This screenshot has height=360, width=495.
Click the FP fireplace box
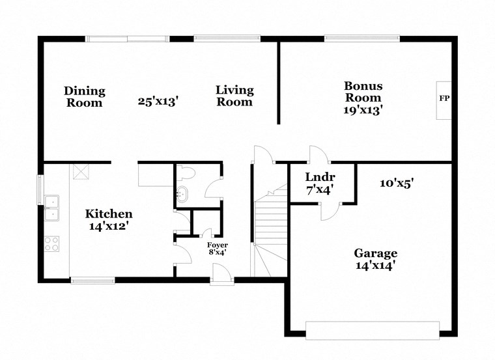point(444,100)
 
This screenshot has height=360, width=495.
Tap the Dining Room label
point(84,96)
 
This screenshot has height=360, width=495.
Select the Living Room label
point(234,96)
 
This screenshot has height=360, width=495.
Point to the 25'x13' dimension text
point(158,102)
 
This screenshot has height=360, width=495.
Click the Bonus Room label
point(363,91)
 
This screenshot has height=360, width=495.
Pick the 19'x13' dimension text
point(363,110)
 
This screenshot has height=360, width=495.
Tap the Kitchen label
point(109,214)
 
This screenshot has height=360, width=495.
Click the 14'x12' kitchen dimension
point(109,227)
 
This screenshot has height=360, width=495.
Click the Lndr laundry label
point(320,177)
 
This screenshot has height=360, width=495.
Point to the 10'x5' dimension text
point(397,184)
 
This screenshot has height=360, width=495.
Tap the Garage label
point(375,253)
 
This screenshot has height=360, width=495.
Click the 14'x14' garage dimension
point(375,266)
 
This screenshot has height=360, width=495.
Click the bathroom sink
point(182,193)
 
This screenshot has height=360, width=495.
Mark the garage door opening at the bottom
point(373,330)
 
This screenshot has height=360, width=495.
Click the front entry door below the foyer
point(220,281)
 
